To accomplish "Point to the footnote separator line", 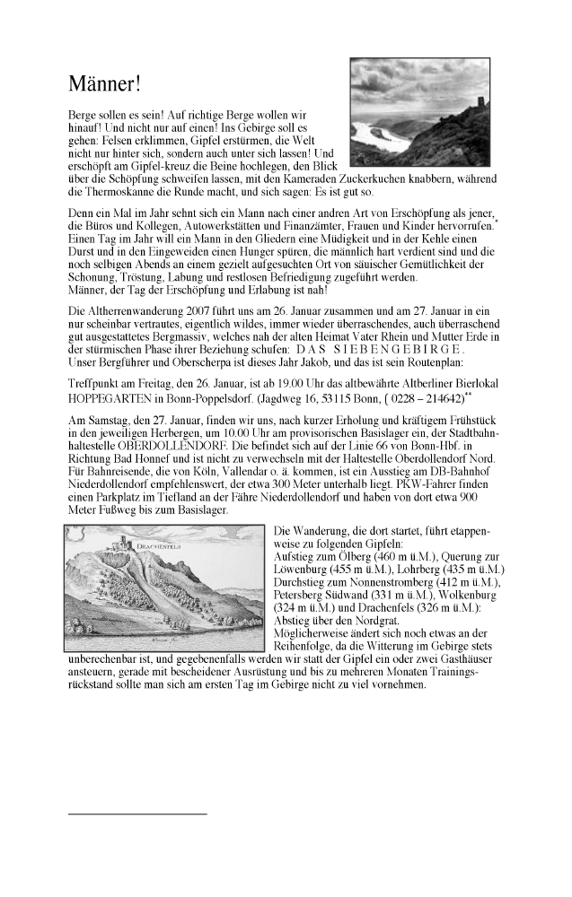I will coord(137,814).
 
